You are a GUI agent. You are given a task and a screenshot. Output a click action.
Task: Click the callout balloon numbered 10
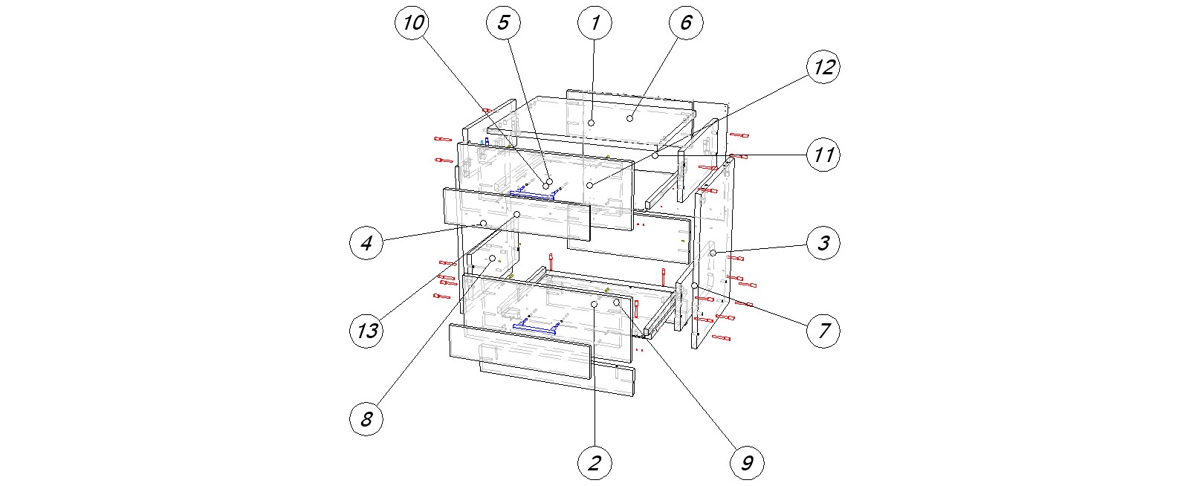pyautogui.click(x=412, y=23)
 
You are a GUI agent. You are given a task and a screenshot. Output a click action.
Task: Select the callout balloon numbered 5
pyautogui.click(x=503, y=23)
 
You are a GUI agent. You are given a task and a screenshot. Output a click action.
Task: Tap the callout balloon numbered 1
pyautogui.click(x=594, y=23)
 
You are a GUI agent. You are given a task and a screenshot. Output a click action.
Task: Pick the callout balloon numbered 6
pyautogui.click(x=685, y=23)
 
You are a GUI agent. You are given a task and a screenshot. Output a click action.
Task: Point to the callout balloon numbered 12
pyautogui.click(x=823, y=68)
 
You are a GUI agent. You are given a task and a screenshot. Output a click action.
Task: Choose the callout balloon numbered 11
pyautogui.click(x=823, y=155)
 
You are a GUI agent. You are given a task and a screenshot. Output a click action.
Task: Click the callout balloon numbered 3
pyautogui.click(x=823, y=243)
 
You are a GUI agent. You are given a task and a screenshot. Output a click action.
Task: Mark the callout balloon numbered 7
pyautogui.click(x=823, y=331)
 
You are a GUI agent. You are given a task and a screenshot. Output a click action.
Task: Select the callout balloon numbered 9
pyautogui.click(x=747, y=463)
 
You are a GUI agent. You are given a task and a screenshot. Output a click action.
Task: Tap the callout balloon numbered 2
pyautogui.click(x=594, y=463)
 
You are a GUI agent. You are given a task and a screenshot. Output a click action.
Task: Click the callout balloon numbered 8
pyautogui.click(x=366, y=419)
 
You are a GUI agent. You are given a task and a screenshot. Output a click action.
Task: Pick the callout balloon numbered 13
pyautogui.click(x=366, y=331)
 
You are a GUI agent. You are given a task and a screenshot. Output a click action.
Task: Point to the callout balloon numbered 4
pyautogui.click(x=366, y=243)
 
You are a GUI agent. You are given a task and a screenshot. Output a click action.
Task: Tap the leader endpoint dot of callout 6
pyautogui.click(x=629, y=118)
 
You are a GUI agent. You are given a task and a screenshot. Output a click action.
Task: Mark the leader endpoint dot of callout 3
pyautogui.click(x=713, y=253)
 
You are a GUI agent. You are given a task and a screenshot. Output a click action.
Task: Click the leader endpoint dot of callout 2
pyautogui.click(x=594, y=305)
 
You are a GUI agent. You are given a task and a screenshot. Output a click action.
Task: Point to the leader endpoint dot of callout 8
pyautogui.click(x=492, y=259)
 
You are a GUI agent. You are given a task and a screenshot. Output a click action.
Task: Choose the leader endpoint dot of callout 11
pyautogui.click(x=655, y=156)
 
